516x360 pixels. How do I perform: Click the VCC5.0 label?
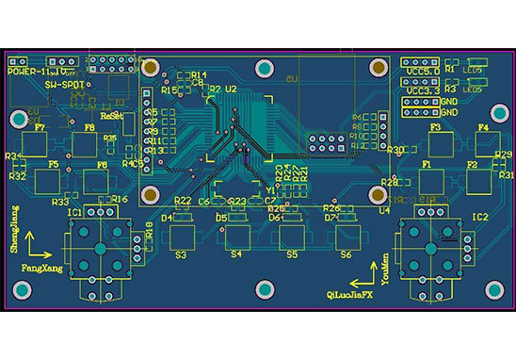(420, 70)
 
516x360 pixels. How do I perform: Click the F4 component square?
(487, 142)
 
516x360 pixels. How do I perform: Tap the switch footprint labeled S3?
(182, 235)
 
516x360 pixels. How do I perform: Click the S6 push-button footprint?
(345, 235)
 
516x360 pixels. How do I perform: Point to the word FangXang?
(41, 268)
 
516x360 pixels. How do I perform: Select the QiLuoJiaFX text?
(349, 294)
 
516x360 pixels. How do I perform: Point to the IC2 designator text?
(479, 217)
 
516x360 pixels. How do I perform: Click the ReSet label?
(111, 114)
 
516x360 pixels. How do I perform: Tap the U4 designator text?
(384, 211)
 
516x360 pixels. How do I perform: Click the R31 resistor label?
(507, 175)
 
